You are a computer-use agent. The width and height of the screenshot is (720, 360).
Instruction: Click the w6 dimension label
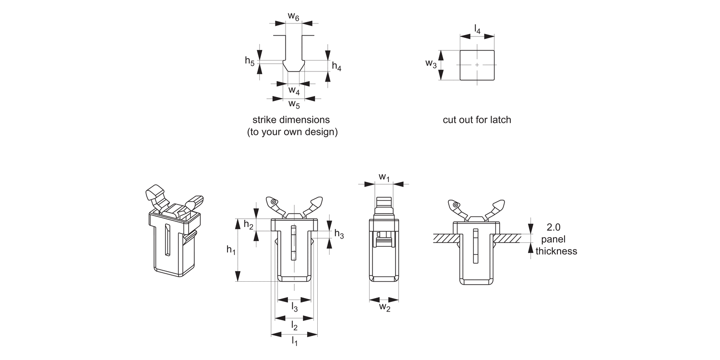coord(294,17)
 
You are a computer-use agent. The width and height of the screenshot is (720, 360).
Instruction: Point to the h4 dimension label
coord(336,67)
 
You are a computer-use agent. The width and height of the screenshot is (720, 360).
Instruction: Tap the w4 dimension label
coord(294,90)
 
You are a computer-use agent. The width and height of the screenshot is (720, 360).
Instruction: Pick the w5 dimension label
coord(294,104)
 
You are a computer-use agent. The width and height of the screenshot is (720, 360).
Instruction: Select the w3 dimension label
coord(431,64)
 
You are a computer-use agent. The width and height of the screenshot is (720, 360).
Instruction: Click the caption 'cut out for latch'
coord(477,120)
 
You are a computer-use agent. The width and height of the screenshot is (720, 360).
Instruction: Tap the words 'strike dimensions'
coord(291,120)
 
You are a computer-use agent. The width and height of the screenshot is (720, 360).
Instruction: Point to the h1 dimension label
coord(231,250)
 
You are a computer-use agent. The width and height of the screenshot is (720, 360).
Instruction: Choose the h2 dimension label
coord(249,225)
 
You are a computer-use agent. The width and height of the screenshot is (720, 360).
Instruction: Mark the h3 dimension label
coord(339,234)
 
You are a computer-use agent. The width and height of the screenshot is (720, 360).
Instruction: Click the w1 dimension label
coord(384,178)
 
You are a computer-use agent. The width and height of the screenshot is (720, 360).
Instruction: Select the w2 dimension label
coord(384,307)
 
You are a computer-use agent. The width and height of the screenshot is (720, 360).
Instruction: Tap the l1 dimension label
coord(294,341)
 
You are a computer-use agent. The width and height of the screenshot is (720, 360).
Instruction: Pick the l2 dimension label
coord(294,326)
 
